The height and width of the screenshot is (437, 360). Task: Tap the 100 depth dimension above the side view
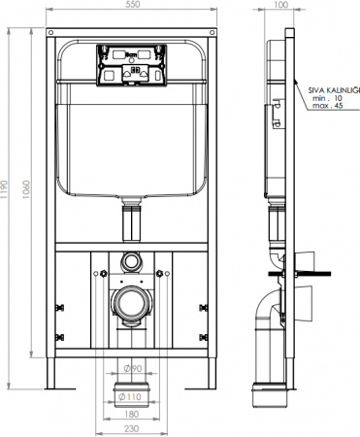pyautogui.click(x=280, y=7)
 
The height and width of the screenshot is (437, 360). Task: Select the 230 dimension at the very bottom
pyautogui.click(x=132, y=429)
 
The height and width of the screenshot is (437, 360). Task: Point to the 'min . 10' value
pyautogui.click(x=326, y=97)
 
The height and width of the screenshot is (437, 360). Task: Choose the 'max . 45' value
pyautogui.click(x=326, y=107)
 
